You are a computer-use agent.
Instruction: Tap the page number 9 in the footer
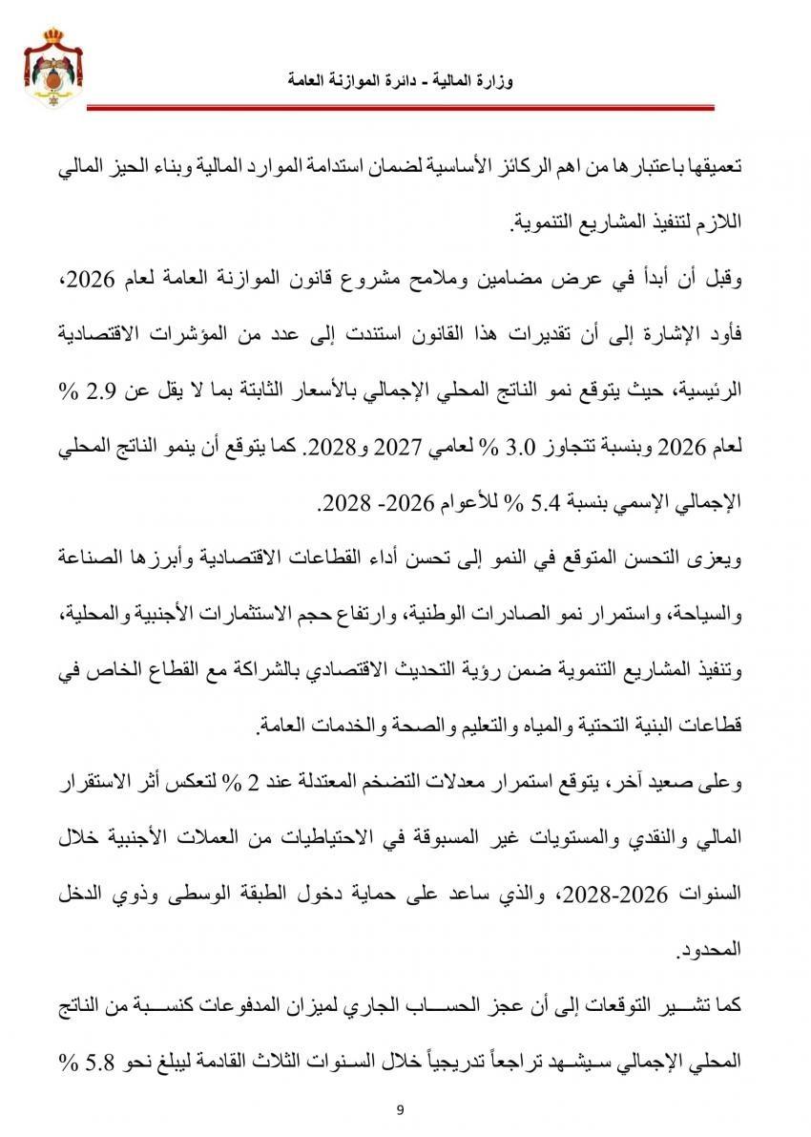[401, 1108]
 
